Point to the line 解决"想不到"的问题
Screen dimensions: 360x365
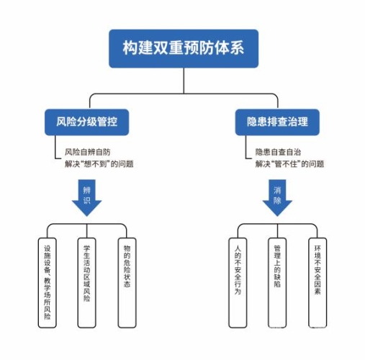[x=99, y=164]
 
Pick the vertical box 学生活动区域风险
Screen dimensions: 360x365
[x=87, y=281]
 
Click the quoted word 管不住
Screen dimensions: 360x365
[x=289, y=164]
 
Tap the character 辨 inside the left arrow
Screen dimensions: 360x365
[x=87, y=190]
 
